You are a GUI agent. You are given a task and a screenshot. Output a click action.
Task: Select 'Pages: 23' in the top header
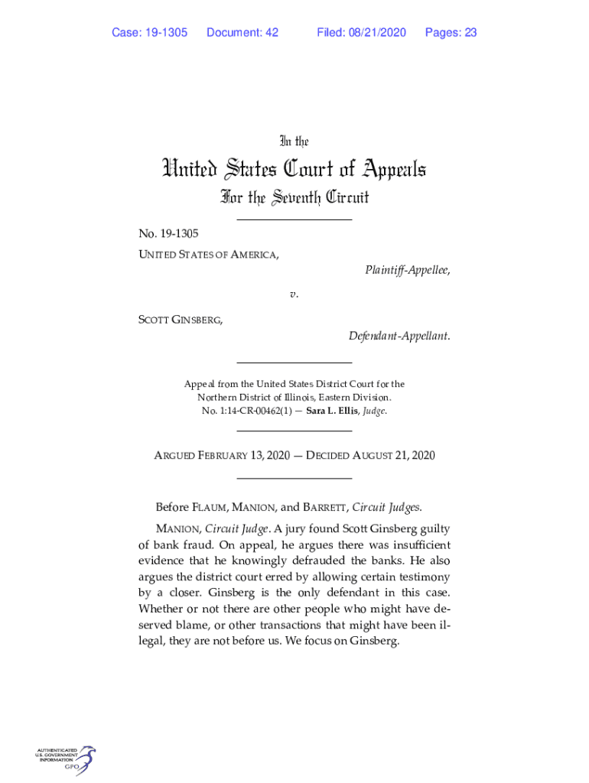(x=451, y=32)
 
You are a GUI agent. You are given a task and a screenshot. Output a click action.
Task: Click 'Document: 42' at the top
(x=242, y=32)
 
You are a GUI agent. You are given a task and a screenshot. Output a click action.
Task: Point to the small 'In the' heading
(x=294, y=141)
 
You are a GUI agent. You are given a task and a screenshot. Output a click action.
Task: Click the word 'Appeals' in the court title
(x=379, y=169)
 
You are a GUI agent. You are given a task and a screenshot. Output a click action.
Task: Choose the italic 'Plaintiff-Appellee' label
(x=406, y=270)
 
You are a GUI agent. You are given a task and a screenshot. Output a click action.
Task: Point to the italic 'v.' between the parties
(x=294, y=294)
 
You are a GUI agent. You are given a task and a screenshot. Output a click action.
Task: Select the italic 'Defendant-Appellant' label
(x=399, y=336)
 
